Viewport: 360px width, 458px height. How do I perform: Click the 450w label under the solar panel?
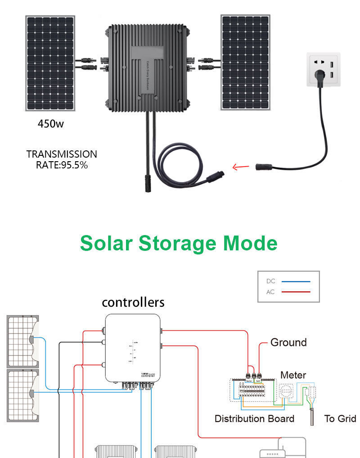[x=50, y=124]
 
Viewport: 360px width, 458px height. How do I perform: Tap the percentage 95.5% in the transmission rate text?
[x=74, y=165]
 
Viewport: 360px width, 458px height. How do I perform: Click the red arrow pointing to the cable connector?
[x=241, y=167]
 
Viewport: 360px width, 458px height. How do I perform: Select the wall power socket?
[x=324, y=69]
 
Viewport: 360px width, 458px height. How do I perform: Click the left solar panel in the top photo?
[x=50, y=63]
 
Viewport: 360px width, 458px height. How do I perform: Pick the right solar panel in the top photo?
[x=245, y=62]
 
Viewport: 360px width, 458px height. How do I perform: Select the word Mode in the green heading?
[x=250, y=243]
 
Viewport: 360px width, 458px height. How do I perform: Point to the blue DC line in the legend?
[x=296, y=281]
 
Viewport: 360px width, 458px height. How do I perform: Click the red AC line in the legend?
[x=296, y=292]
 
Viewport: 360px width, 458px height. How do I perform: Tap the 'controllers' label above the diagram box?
[x=133, y=302]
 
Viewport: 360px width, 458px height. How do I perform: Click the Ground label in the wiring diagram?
[x=288, y=342]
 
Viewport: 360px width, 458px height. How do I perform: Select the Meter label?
[x=293, y=375]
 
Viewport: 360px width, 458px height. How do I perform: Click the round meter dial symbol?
[x=286, y=391]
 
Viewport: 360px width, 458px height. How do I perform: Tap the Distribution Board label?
[x=254, y=418]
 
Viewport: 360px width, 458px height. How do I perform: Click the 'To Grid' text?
[x=340, y=418]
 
